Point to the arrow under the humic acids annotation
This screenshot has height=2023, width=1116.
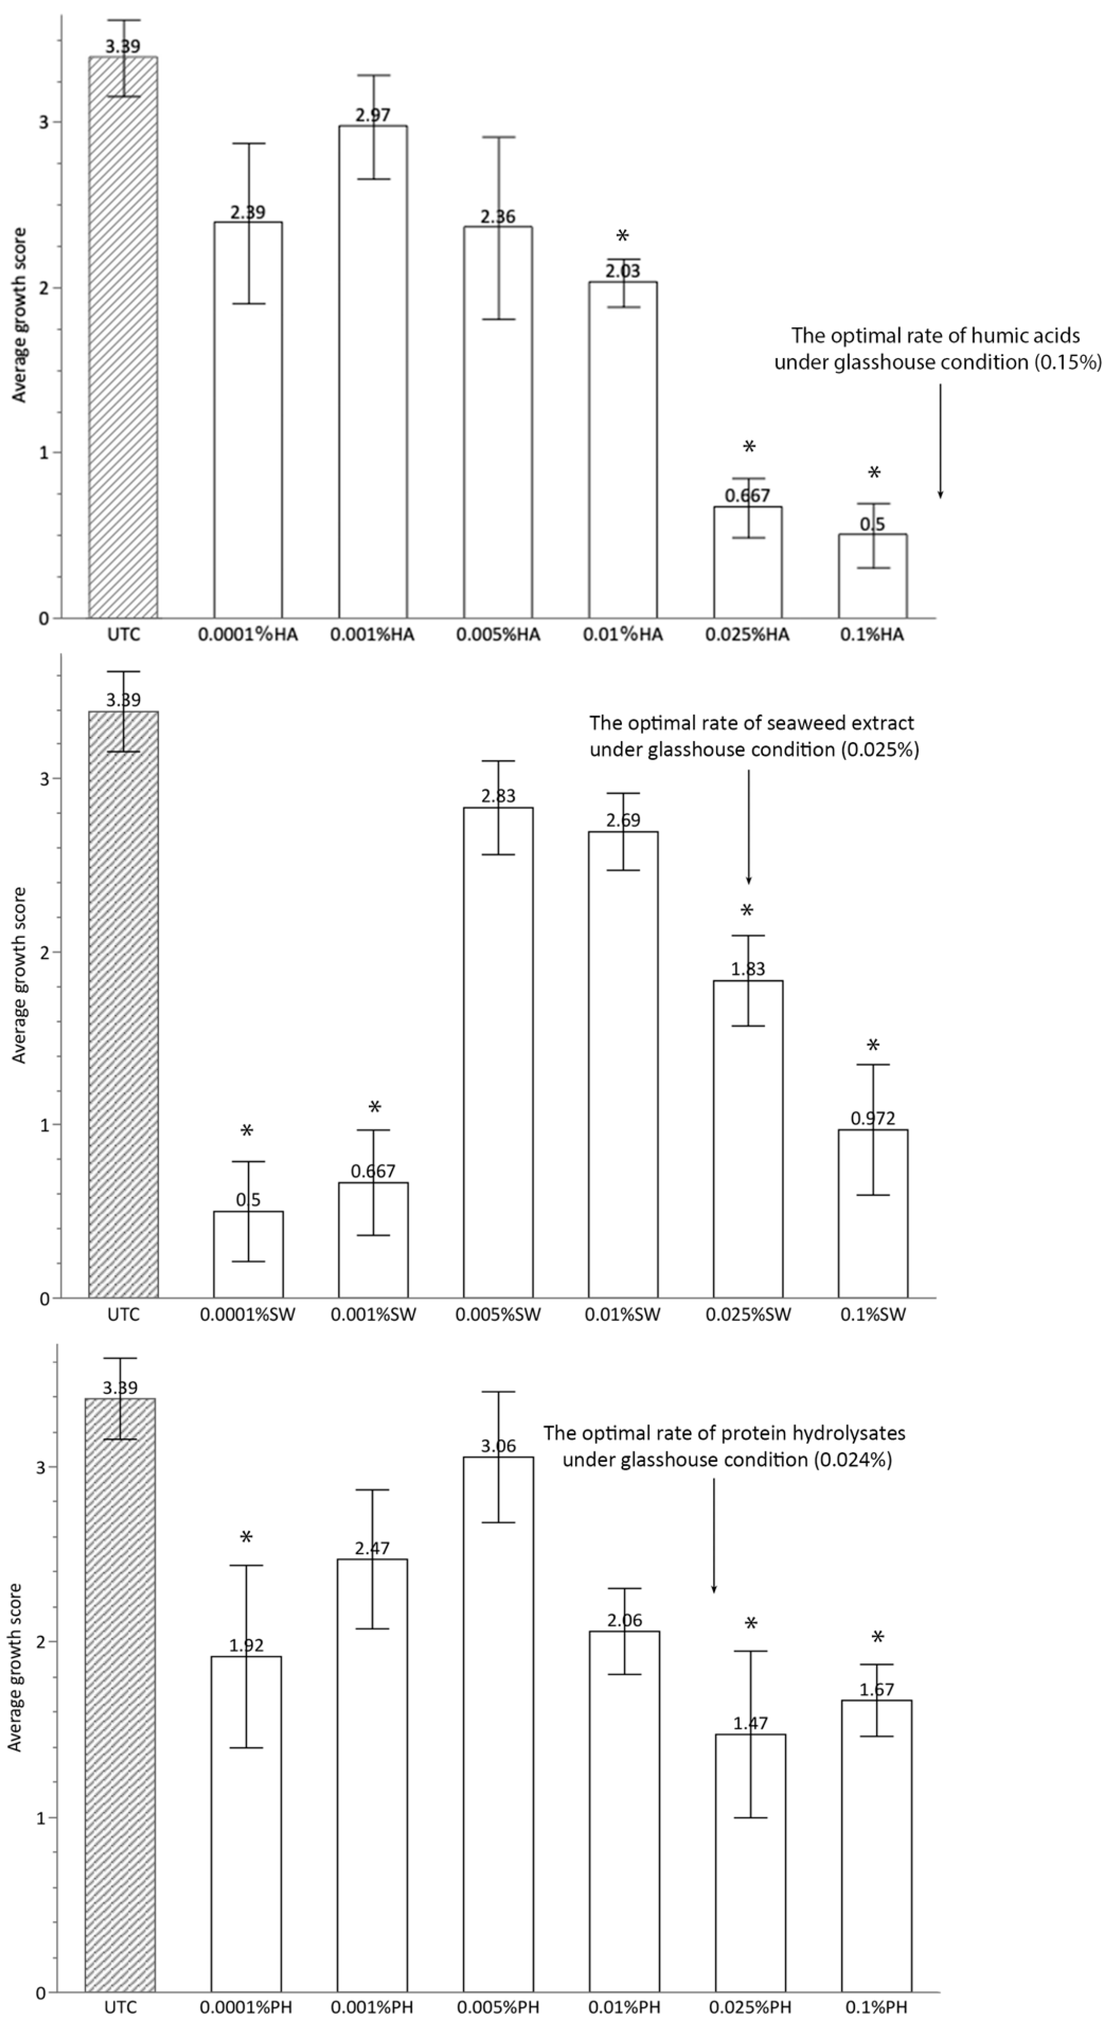coord(940,440)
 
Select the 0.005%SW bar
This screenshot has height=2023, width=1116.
coord(498,1052)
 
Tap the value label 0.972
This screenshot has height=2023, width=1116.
coord(873,1118)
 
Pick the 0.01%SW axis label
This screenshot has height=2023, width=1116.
coord(623,1315)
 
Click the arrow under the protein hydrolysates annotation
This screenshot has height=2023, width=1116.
coord(714,1523)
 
